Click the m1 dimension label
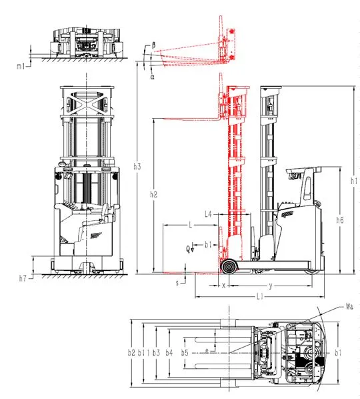(21, 67)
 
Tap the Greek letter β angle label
(153, 45)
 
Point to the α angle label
(152, 77)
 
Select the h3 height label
(137, 166)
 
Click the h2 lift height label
(153, 194)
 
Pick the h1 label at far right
(354, 181)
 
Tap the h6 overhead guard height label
(340, 220)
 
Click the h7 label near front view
(23, 278)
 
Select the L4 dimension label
(208, 214)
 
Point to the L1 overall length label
(259, 296)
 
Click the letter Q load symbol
(188, 249)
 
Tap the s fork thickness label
(177, 283)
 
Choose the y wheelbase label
(271, 286)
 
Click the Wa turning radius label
(349, 307)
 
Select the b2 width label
(131, 353)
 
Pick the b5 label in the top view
(185, 353)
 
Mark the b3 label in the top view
(156, 353)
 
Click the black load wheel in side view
(229, 267)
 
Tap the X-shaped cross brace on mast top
(87, 101)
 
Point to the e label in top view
(207, 351)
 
